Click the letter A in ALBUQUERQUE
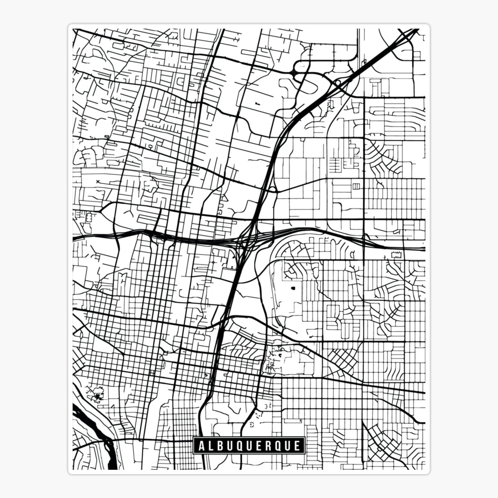tap(201, 446)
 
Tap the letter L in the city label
tap(210, 446)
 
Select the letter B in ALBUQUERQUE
tap(219, 446)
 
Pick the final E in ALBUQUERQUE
tap(297, 446)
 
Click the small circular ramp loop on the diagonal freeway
tap(338, 83)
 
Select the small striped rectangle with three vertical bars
tap(356, 186)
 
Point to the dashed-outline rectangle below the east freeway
tap(397, 254)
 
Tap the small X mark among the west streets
tap(98, 181)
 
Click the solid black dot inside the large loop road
tap(293, 287)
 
